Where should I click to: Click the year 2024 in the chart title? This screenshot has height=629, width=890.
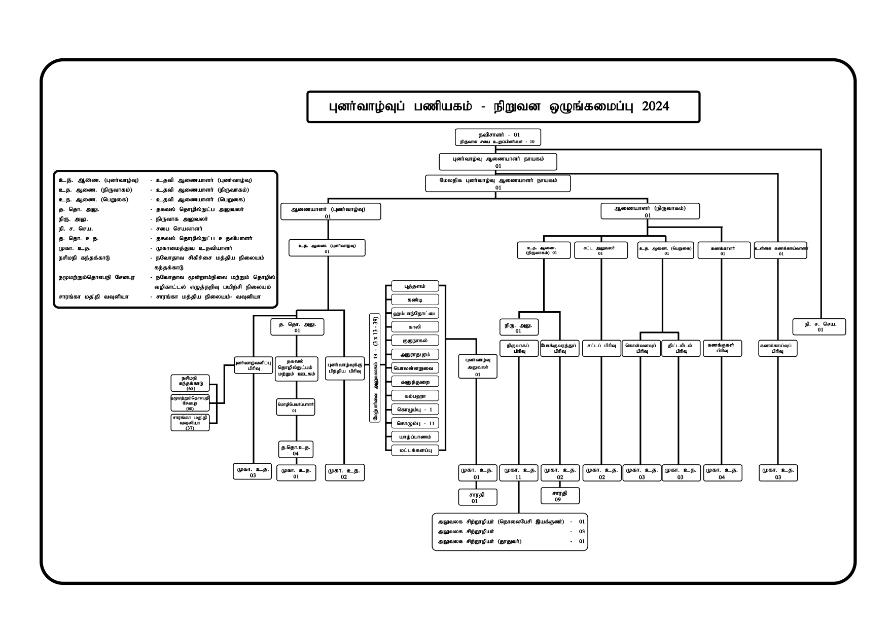click(x=655, y=107)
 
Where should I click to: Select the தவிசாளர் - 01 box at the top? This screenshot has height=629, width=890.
click(x=497, y=137)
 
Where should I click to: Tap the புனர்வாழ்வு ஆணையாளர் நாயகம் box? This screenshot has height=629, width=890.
click(x=498, y=162)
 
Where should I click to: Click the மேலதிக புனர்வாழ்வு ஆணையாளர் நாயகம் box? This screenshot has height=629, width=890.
click(x=497, y=183)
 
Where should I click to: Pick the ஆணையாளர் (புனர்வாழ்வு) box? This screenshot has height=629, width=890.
click(x=331, y=211)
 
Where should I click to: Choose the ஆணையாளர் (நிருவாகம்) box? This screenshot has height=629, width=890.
click(x=650, y=211)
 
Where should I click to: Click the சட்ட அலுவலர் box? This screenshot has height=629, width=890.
click(x=600, y=250)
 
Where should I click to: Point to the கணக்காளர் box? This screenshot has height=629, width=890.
click(x=723, y=250)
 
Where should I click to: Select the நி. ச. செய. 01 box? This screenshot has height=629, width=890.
click(x=820, y=327)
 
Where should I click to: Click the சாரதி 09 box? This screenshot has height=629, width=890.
click(x=560, y=496)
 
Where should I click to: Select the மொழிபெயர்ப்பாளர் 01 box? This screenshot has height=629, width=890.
click(x=295, y=407)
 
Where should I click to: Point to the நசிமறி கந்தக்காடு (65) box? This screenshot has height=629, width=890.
click(x=190, y=383)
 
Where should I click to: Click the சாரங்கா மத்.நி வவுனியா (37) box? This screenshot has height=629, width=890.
click(x=190, y=423)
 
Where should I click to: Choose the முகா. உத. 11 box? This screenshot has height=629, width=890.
click(x=518, y=473)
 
